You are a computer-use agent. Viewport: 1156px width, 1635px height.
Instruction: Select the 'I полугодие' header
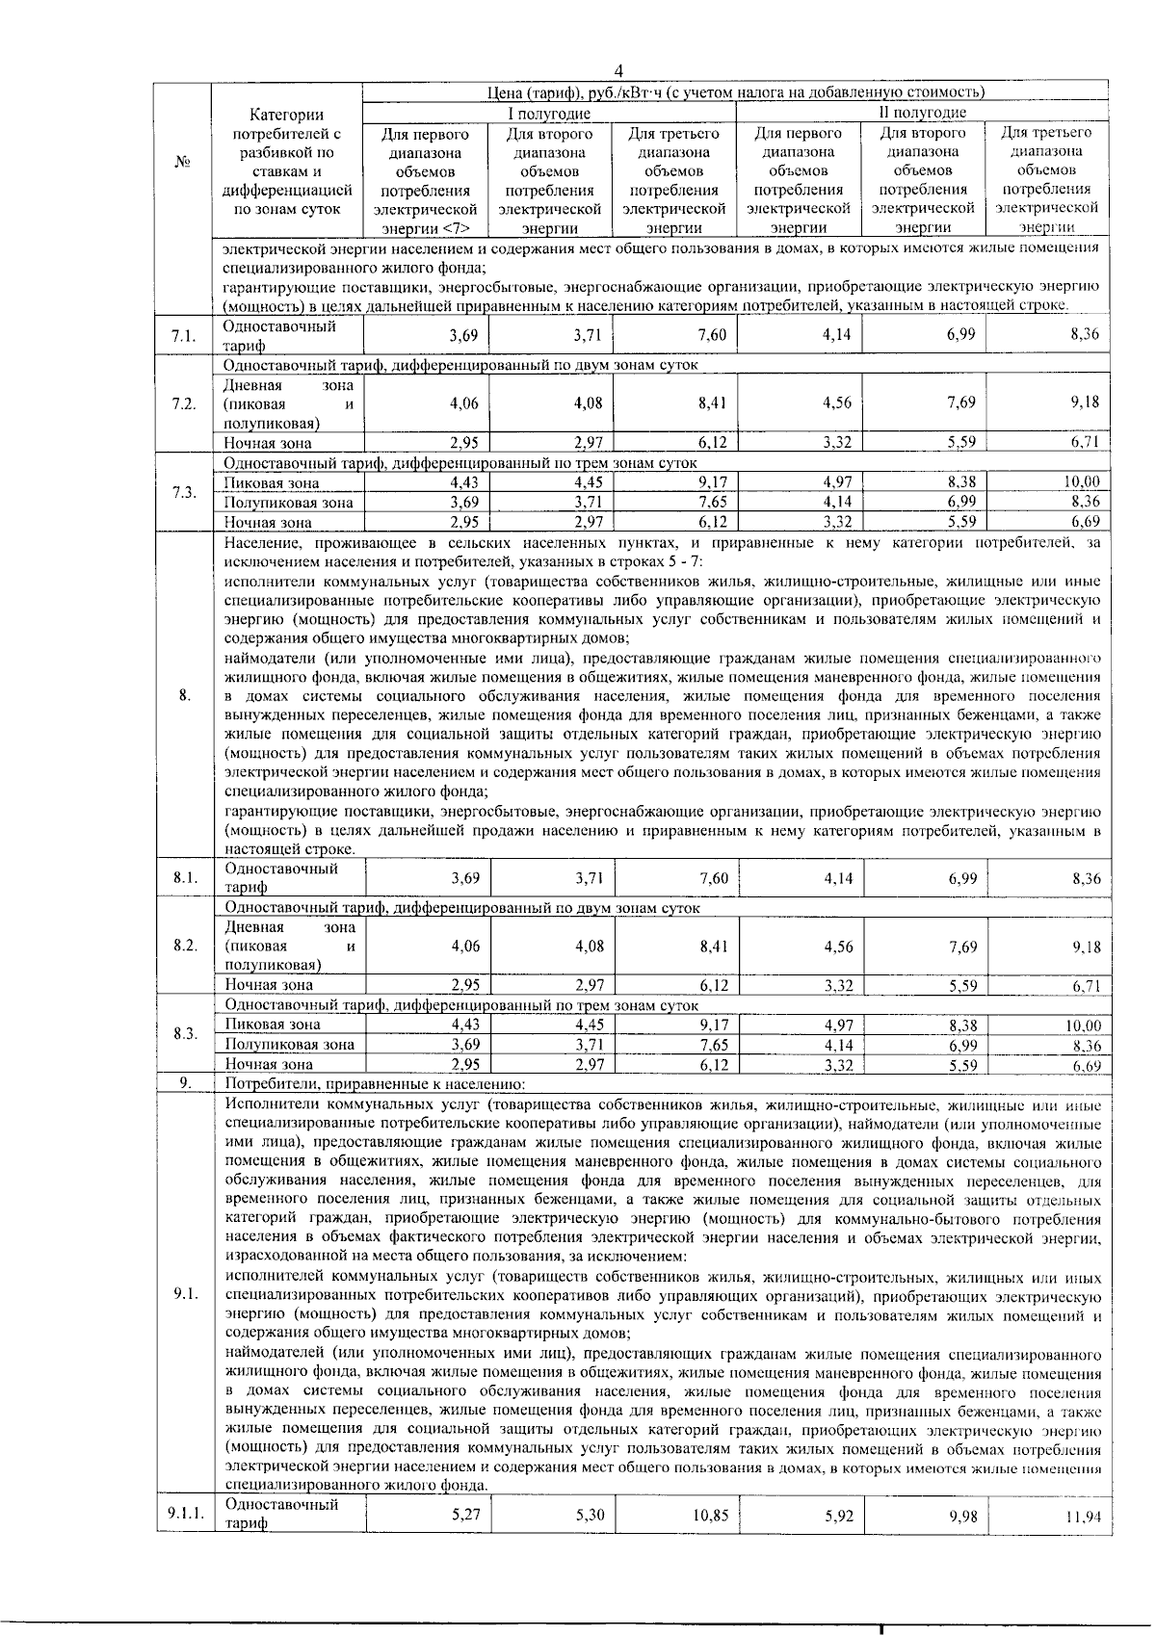[548, 113]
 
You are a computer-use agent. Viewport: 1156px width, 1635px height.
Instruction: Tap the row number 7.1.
[183, 336]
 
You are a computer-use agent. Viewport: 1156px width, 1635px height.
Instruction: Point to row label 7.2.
[183, 403]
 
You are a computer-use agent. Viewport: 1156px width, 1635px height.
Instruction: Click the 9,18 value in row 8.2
[1086, 947]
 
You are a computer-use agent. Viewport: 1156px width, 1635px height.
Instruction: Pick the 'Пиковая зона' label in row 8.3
[273, 1025]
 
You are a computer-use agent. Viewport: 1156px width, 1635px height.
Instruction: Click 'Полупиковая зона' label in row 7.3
[288, 503]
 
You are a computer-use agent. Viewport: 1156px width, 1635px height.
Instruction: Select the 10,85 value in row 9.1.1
[710, 1516]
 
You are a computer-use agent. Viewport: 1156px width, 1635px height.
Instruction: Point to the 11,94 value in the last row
[1082, 1518]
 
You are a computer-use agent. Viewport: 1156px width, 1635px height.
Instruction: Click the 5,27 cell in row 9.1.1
[465, 1515]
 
